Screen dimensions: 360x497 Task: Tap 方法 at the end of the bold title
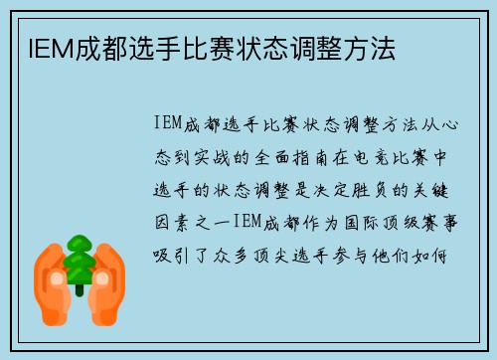pyautogui.click(x=372, y=48)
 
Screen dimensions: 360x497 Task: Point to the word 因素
pyautogui.click(x=172, y=220)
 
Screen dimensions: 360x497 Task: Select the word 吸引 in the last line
pyautogui.click(x=172, y=253)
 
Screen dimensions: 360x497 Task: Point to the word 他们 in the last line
pyautogui.click(x=406, y=253)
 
